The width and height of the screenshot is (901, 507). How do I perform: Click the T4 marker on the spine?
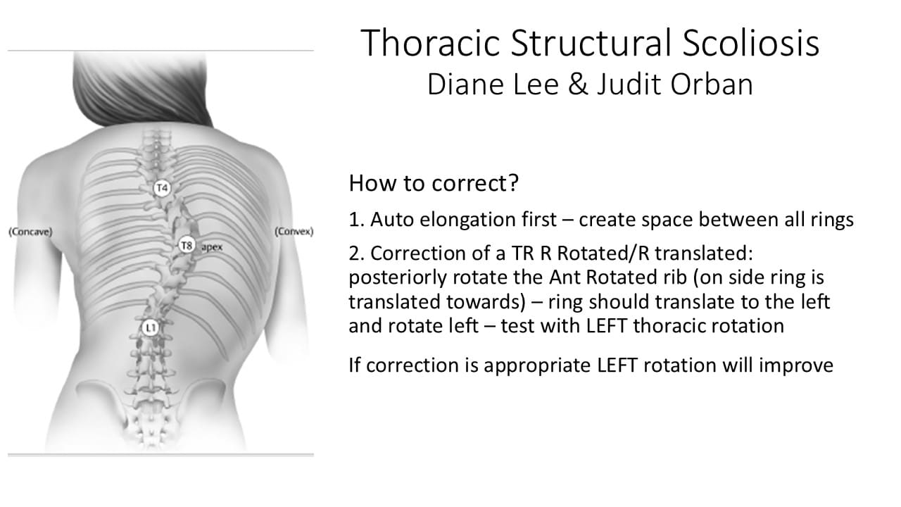tap(162, 188)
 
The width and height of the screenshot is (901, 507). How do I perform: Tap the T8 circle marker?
tap(187, 245)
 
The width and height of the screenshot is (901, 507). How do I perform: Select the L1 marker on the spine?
tap(151, 328)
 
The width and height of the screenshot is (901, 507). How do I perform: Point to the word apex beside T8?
tap(212, 247)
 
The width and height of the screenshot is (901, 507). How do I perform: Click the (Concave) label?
tap(30, 232)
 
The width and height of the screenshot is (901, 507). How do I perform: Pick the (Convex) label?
tap(294, 232)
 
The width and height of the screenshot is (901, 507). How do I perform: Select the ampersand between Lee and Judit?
tap(578, 84)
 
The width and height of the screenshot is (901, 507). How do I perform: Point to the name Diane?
tap(466, 84)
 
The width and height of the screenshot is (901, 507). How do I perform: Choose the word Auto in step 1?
tap(392, 220)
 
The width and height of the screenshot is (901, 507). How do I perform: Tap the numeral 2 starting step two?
tap(354, 254)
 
